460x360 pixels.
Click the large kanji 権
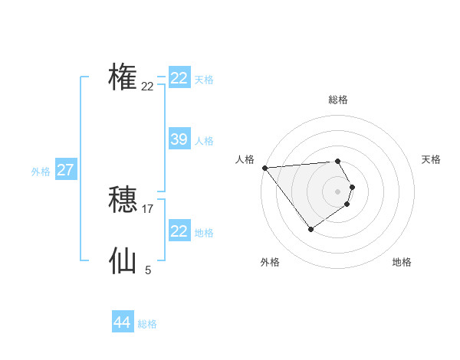123,77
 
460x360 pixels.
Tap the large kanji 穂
123,200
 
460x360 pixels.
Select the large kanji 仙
123,260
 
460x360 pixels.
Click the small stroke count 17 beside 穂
148,208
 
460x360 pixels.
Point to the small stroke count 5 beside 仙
148,270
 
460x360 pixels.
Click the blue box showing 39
179,139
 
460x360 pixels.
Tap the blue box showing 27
65,170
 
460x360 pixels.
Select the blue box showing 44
122,322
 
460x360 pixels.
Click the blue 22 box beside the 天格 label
179,78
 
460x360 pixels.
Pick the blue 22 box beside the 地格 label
179,231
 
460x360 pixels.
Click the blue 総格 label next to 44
147,324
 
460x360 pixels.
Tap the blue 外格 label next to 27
41,172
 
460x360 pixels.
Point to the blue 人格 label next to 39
204,141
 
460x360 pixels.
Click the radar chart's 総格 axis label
337,100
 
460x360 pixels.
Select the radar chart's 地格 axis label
402,262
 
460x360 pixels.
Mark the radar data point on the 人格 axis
264,168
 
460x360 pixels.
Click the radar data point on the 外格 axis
310,229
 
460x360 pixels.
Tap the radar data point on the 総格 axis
337,161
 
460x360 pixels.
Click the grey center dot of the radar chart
337,191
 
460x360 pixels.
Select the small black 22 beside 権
147,87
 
